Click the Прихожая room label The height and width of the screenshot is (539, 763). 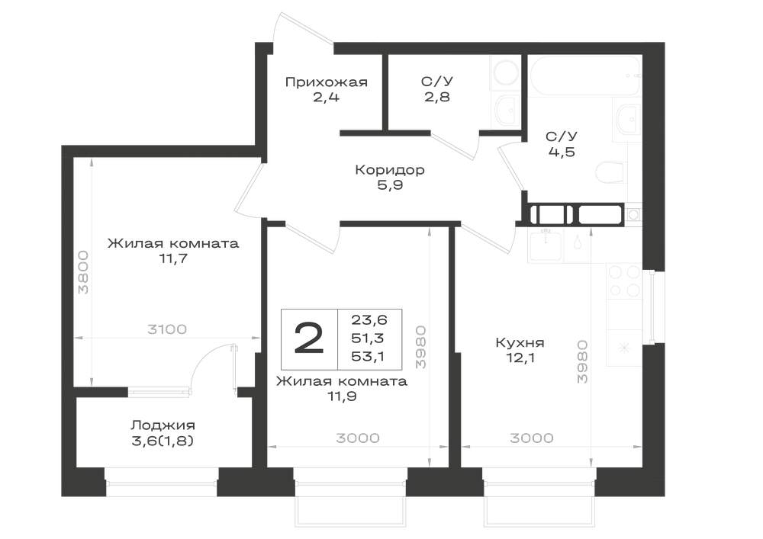pos(326,82)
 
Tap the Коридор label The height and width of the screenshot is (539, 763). pos(390,169)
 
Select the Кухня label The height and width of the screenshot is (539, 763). pos(520,342)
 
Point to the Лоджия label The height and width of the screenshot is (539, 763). pos(163,425)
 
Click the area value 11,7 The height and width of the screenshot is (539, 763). pos(173,258)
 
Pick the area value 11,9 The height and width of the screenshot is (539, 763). pos(342,396)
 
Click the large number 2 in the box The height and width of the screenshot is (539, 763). pos(309,338)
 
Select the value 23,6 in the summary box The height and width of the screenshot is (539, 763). pos(369,319)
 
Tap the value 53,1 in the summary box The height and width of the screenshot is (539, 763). pos(369,356)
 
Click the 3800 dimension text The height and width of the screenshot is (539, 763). pos(84,272)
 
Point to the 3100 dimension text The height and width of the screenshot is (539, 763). pos(167,329)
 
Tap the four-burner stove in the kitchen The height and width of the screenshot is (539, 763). pos(624,281)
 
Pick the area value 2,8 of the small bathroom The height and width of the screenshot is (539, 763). pos(436,97)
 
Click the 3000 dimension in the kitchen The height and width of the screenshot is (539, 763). pos(531,438)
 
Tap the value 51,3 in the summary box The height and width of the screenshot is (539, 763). pos(369,338)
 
